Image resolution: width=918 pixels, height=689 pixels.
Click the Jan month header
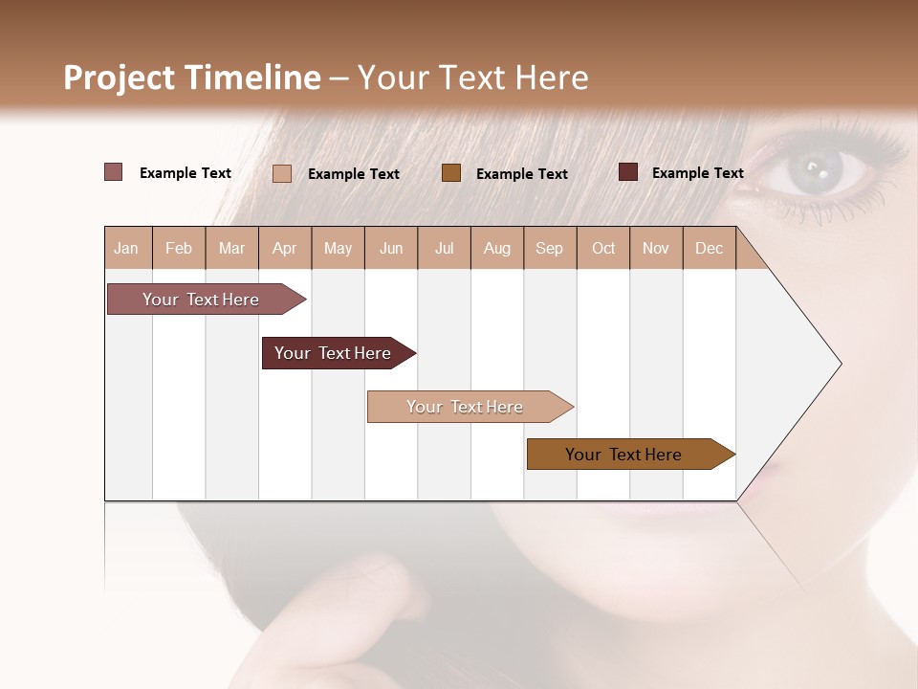(x=126, y=248)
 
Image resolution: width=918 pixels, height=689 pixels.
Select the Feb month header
(x=179, y=248)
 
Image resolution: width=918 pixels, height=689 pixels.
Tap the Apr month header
(x=285, y=248)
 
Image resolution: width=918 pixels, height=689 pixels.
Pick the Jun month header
(x=391, y=248)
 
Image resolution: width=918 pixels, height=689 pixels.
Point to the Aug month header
(x=497, y=248)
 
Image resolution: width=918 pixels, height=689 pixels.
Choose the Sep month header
(x=550, y=248)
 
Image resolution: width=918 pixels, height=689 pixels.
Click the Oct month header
(x=603, y=248)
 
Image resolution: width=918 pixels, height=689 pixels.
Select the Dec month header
(x=710, y=248)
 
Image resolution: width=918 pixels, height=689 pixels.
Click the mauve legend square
(x=114, y=172)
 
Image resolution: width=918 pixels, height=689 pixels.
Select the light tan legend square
(x=282, y=173)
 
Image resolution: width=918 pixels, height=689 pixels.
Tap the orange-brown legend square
(x=451, y=172)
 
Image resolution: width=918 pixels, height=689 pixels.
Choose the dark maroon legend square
(x=628, y=172)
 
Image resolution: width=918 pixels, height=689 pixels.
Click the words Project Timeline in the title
(x=192, y=78)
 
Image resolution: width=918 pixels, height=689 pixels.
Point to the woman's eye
(x=816, y=171)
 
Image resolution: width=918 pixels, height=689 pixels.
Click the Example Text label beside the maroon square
(x=697, y=173)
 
